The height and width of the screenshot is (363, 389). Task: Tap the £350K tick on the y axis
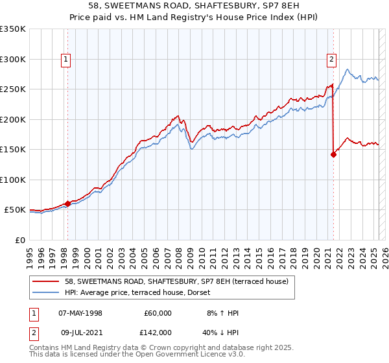[x=13, y=29]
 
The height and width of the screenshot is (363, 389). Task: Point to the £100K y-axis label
[x=13, y=180]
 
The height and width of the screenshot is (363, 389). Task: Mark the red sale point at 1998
[x=67, y=204]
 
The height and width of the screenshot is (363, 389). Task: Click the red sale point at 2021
[x=333, y=154]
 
